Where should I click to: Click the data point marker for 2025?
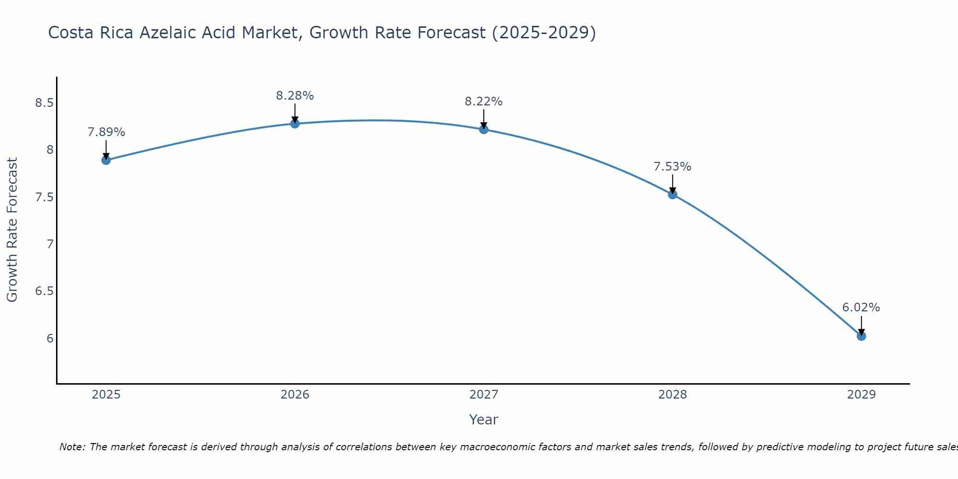[106, 160]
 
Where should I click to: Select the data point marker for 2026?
[295, 124]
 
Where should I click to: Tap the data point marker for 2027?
[484, 129]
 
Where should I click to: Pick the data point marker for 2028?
[673, 194]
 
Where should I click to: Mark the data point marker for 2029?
[861, 336]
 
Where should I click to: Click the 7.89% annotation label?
[106, 132]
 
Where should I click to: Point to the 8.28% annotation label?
[295, 96]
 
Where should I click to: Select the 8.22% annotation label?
[484, 102]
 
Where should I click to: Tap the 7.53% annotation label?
[673, 167]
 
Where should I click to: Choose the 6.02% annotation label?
[861, 308]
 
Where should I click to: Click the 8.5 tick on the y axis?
[44, 103]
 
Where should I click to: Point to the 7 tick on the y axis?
[50, 244]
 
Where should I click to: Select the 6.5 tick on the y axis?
[44, 291]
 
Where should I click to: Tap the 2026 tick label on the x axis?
[295, 395]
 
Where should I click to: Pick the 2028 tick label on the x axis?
[673, 395]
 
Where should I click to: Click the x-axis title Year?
[484, 420]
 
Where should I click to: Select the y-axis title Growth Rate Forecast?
[12, 230]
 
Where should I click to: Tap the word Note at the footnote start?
[72, 447]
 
